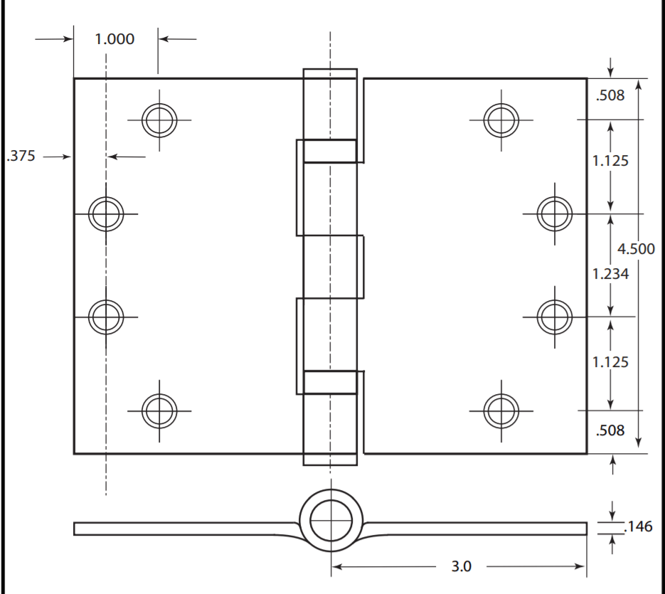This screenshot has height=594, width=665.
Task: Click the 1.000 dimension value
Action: click(115, 39)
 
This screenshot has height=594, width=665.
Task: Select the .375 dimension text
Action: click(21, 157)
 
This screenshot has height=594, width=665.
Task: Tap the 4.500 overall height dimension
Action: click(635, 249)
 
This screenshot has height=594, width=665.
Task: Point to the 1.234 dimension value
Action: click(610, 273)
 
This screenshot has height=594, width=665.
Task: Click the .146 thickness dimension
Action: click(637, 527)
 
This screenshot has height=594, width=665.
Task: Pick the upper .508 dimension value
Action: click(610, 95)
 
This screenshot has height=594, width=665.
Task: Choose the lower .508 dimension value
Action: click(610, 430)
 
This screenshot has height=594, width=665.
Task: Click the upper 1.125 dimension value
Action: click(610, 161)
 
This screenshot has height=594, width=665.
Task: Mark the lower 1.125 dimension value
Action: click(610, 362)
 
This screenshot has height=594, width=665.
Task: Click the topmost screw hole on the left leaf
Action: click(159, 120)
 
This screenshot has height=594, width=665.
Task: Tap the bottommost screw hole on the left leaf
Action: click(159, 410)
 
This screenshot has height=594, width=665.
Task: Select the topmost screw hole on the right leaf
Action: click(501, 120)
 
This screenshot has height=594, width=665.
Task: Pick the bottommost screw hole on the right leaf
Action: click(501, 410)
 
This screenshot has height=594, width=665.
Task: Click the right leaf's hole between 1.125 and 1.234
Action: click(555, 212)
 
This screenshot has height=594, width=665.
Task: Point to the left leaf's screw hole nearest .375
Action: click(105, 212)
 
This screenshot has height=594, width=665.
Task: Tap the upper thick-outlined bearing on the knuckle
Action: click(330, 151)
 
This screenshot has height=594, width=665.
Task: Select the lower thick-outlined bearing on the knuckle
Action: click(330, 382)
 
